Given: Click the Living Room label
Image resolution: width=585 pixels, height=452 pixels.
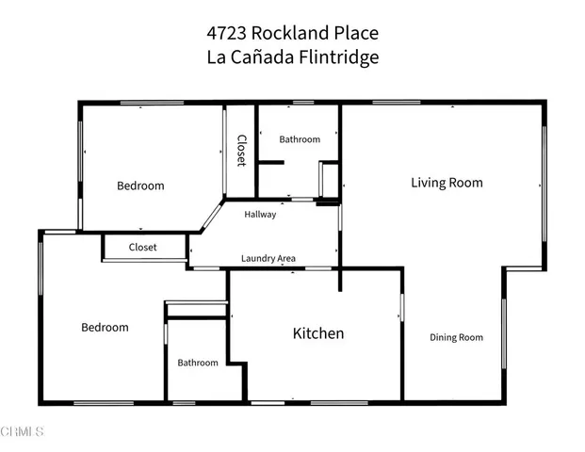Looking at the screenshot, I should [447, 183].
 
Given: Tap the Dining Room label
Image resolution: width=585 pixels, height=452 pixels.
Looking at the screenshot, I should [456, 338].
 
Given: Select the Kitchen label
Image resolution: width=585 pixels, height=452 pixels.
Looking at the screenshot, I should [317, 333].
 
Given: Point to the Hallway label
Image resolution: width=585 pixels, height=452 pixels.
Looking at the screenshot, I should [260, 215].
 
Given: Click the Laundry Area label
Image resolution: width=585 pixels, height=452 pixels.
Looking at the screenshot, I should [268, 258].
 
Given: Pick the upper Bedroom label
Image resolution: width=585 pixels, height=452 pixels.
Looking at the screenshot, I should [140, 186].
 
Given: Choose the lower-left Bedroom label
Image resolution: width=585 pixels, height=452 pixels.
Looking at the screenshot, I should [105, 328].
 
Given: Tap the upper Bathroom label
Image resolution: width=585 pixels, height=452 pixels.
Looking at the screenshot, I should [300, 139].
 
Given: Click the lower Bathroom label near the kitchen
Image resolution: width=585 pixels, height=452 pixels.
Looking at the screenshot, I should [198, 363].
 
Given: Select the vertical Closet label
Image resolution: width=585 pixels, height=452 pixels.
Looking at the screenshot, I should [241, 151].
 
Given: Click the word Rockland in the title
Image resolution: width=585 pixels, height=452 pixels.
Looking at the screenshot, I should [287, 33].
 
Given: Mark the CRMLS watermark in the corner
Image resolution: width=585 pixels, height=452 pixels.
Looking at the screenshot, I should [23, 431].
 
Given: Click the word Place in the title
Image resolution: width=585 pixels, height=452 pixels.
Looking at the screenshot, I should [353, 33].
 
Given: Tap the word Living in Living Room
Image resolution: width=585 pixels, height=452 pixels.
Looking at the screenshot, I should [428, 183].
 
